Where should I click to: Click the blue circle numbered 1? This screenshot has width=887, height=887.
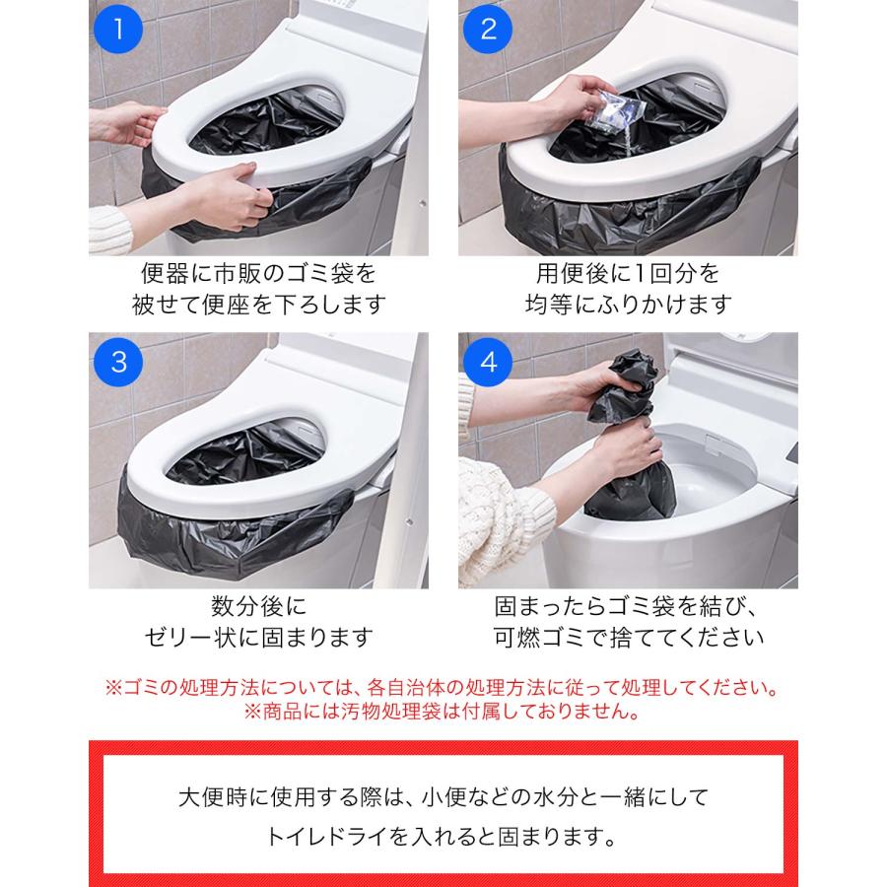(x=118, y=30)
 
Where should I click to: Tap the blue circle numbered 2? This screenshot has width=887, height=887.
(x=488, y=30)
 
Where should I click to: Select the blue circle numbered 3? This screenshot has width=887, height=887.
(x=118, y=362)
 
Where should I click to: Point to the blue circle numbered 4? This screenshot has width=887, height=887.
(x=488, y=362)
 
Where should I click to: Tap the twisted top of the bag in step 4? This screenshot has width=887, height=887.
(x=624, y=384)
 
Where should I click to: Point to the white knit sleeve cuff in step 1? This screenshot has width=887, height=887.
(x=109, y=229)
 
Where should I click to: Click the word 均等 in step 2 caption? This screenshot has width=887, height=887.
(x=548, y=305)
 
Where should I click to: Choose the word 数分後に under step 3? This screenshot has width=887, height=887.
(x=259, y=606)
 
